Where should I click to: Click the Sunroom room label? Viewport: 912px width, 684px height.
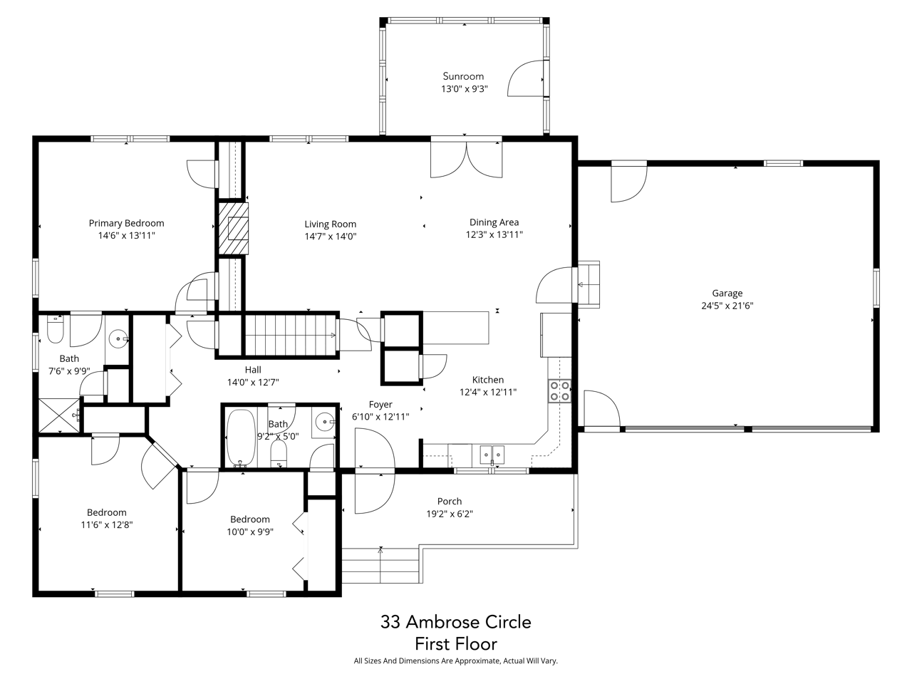463,76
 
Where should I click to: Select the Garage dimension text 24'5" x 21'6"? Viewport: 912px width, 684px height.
727,306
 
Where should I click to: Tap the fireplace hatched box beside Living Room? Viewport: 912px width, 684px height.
233,228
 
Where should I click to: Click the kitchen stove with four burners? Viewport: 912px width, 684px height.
559,391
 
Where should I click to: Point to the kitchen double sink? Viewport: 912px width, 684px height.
492,453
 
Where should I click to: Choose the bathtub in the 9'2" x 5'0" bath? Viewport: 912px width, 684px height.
240,437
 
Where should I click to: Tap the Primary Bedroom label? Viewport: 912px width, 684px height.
126,223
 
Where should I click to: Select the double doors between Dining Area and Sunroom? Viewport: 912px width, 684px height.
466,158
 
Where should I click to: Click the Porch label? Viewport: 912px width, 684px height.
450,501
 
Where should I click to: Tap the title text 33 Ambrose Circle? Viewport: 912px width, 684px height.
456,622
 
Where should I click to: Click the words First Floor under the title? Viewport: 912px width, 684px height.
456,644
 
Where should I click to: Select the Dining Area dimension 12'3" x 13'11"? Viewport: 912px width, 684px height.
494,234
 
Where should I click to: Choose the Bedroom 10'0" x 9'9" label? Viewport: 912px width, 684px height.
249,519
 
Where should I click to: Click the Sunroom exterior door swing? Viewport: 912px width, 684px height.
526,78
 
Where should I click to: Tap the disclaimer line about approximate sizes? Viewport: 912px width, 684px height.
456,661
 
